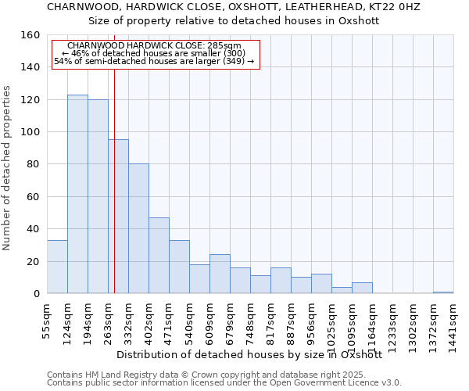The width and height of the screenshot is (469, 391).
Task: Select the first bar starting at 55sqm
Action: point(57,267)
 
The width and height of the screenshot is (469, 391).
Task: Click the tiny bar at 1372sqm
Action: point(443,292)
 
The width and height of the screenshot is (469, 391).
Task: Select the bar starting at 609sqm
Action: point(220,274)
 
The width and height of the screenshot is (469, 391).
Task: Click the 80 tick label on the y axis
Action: point(33,164)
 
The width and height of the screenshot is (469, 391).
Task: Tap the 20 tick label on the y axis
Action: point(33,261)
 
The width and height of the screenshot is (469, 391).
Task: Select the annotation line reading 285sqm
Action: point(155,46)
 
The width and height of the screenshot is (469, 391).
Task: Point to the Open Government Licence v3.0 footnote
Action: point(328,383)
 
